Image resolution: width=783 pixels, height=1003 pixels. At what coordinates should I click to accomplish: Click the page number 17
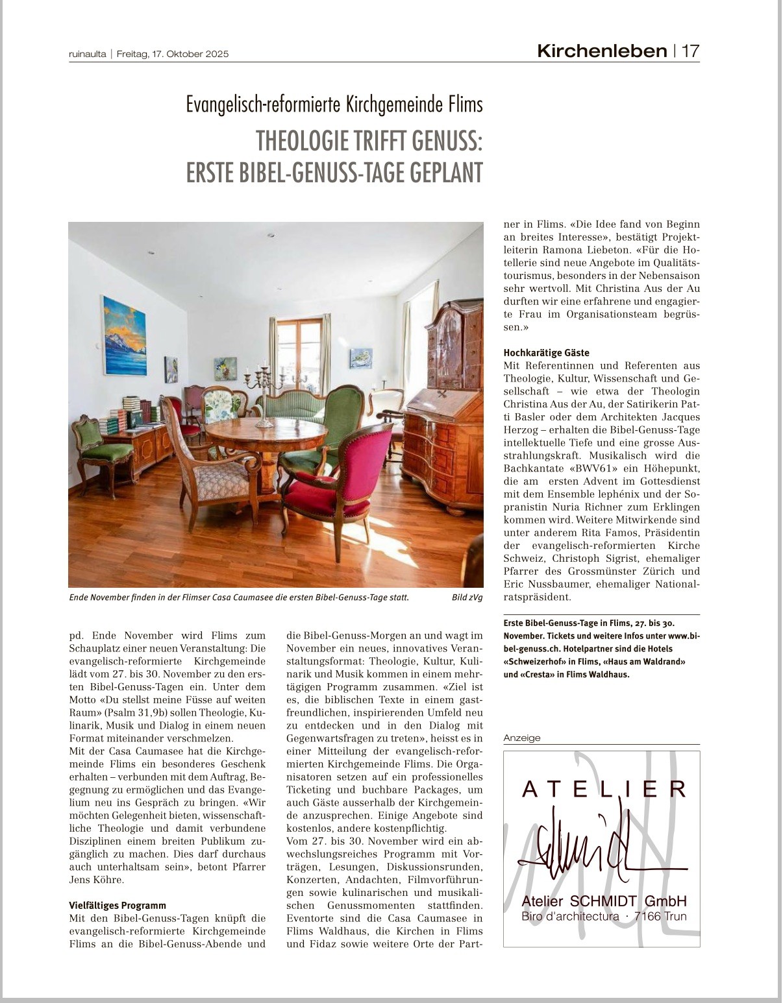690,51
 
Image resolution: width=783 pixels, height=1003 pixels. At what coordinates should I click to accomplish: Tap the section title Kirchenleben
602,51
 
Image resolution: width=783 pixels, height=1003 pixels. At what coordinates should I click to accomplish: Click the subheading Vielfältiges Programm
118,905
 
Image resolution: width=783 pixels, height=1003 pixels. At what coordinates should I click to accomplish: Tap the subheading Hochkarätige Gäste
547,353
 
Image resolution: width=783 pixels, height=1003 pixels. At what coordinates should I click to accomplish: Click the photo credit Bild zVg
467,598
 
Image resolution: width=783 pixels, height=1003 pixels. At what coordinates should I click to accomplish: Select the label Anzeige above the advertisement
522,738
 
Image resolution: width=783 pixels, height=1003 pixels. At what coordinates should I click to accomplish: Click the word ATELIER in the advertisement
604,789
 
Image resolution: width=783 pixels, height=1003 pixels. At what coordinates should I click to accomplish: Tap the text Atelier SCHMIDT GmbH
604,901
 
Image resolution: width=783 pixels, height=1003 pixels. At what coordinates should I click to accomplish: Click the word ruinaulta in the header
87,54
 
